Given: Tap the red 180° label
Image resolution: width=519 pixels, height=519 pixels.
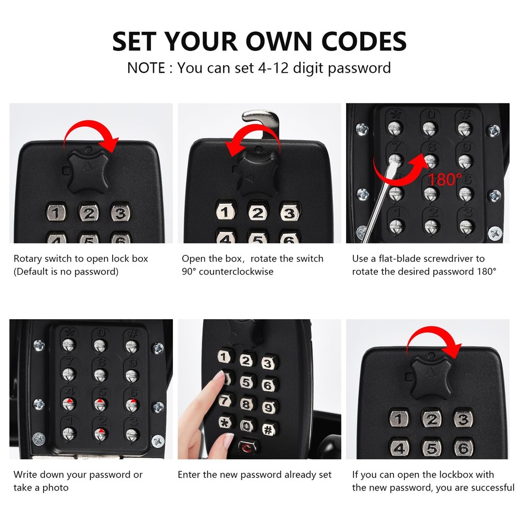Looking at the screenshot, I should (445, 180).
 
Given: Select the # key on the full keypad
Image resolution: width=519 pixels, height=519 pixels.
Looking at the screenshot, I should (268, 429).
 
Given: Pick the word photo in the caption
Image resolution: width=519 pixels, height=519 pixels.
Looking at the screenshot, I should (56, 487).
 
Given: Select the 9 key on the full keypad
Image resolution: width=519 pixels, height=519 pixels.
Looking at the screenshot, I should (268, 407).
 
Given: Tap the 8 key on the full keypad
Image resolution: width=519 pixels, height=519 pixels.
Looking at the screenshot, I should (247, 404).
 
